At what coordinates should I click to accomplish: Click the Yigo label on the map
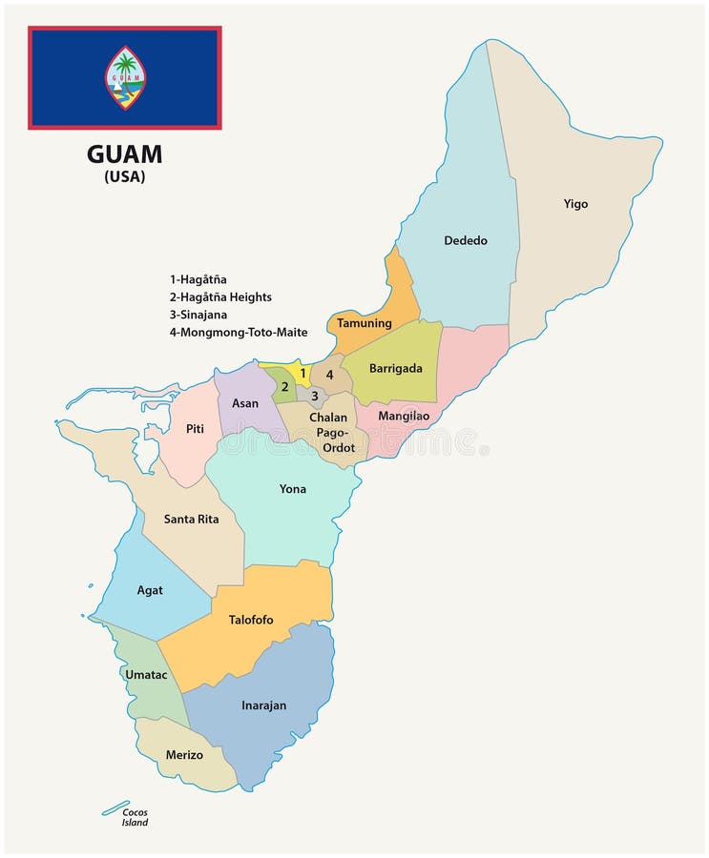(x=575, y=204)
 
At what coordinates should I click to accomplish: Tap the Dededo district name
(x=466, y=240)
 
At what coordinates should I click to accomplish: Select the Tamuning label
(x=365, y=323)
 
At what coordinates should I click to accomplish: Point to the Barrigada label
(x=395, y=368)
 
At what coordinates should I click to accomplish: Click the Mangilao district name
(x=404, y=416)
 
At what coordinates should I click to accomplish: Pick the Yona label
(x=293, y=489)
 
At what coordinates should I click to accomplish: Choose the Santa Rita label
(x=191, y=520)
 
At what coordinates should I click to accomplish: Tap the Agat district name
(x=150, y=590)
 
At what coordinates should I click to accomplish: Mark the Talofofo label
(x=251, y=620)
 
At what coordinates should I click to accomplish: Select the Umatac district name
(x=146, y=675)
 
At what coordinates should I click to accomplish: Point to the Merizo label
(x=184, y=755)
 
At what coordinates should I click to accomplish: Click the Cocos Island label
(x=135, y=817)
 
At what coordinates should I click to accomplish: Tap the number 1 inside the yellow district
(x=302, y=373)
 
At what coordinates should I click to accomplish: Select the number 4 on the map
(x=329, y=375)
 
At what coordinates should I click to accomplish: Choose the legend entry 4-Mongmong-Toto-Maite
(x=239, y=332)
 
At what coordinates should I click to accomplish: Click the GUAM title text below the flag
(x=125, y=154)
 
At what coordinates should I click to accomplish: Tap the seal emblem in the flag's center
(x=125, y=77)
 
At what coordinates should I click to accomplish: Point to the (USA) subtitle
(x=125, y=177)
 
